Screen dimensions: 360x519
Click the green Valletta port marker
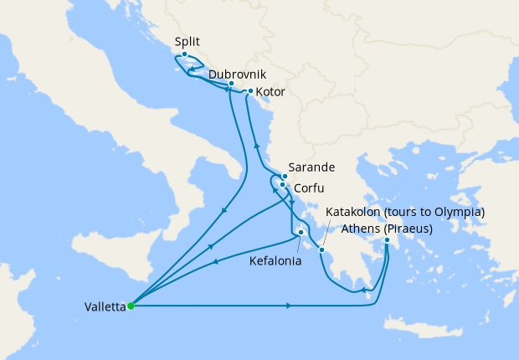click(x=131, y=306)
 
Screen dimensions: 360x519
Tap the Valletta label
click(x=105, y=306)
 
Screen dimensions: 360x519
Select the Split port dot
click(x=184, y=54)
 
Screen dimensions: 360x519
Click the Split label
click(x=188, y=40)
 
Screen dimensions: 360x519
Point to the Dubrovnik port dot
click(x=231, y=84)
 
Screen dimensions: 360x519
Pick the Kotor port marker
click(x=250, y=91)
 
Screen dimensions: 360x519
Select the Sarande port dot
click(x=285, y=177)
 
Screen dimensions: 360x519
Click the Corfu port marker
click(x=282, y=184)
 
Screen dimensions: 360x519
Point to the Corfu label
click(x=309, y=188)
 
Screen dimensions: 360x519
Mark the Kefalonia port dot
click(x=300, y=235)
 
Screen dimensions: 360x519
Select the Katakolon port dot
click(x=321, y=249)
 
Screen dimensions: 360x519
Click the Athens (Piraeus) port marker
click(x=387, y=241)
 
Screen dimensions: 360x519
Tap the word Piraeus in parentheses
click(x=411, y=229)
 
